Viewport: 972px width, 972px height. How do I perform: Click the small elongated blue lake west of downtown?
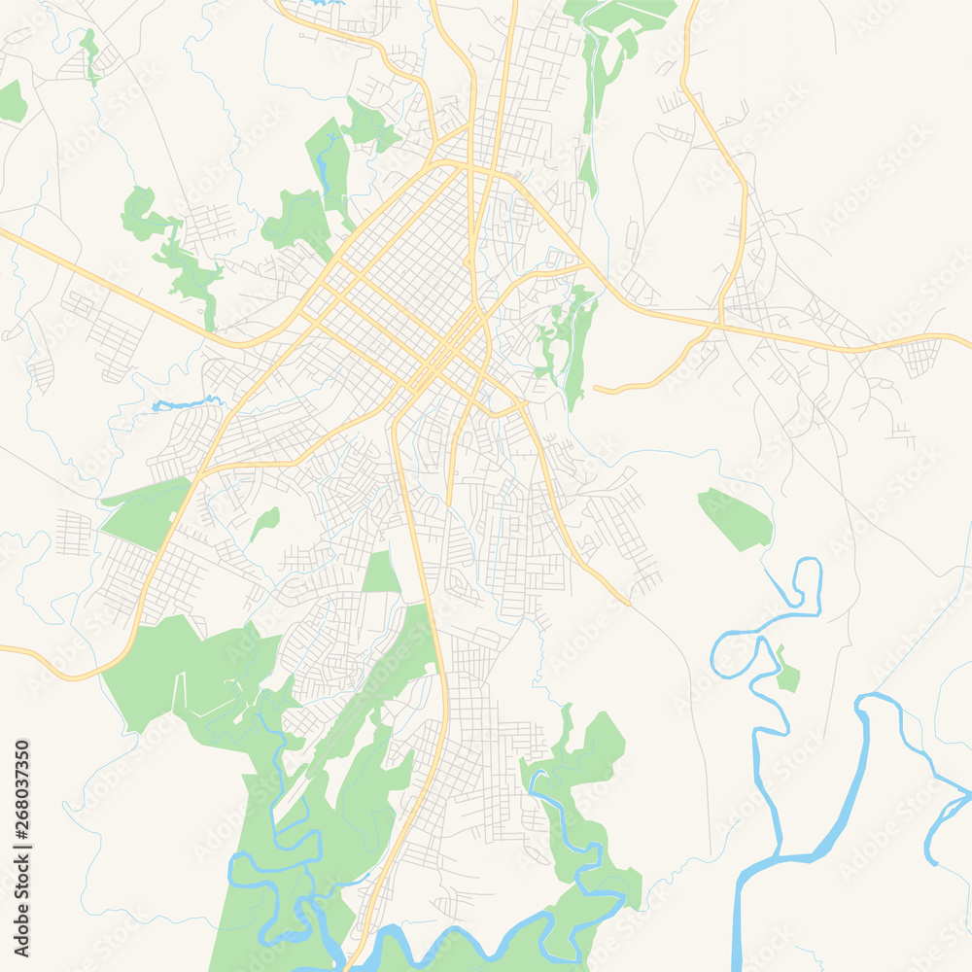pos(185,403)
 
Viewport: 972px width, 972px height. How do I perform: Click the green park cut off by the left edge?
pos(12,102)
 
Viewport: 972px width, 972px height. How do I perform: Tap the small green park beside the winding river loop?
pos(786,672)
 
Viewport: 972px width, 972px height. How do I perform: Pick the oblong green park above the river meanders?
pos(736,519)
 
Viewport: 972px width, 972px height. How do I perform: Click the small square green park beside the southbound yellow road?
pos(381,573)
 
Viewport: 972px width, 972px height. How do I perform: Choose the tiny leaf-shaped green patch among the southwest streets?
pos(263,522)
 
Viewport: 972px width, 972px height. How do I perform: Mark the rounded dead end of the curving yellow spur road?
pos(597,390)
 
